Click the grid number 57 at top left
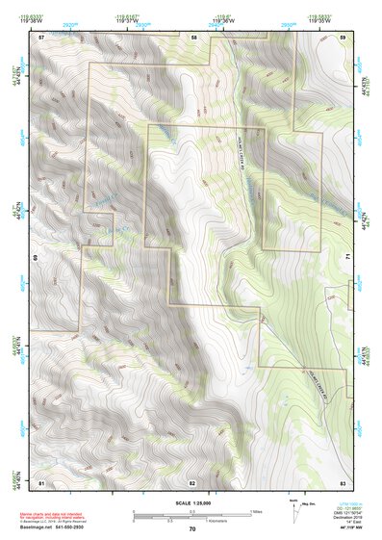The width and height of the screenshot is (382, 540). [x=41, y=36]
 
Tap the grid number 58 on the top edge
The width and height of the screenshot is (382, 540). [x=193, y=36]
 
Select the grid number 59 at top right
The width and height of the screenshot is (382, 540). [x=344, y=36]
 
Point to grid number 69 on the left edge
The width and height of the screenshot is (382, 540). [x=37, y=258]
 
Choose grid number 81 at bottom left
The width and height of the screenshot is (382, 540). [x=41, y=480]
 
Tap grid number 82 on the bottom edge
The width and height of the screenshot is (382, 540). [x=192, y=480]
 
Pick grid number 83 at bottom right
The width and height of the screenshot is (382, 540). [x=343, y=480]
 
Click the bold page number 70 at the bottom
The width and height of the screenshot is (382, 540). [x=192, y=528]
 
